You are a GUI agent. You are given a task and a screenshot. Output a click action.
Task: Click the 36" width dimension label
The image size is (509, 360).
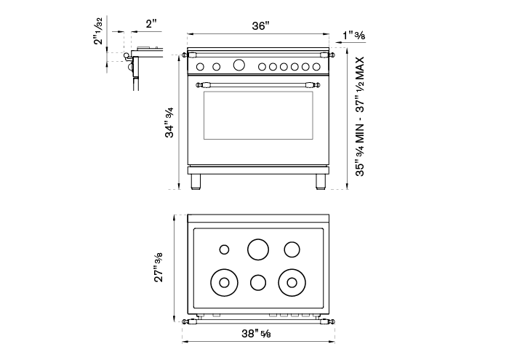[x=261, y=25]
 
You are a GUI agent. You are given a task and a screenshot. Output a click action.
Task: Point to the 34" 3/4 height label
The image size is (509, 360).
[x=169, y=122]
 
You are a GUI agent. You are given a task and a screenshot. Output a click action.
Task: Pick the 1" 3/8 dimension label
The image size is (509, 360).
[x=354, y=36]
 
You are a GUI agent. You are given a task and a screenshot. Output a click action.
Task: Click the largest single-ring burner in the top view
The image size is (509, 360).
[x=258, y=249]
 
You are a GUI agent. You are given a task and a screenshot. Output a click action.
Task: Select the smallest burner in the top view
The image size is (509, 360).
[x=224, y=250]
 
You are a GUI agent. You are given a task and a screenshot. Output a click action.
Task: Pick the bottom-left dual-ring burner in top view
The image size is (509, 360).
[x=223, y=281]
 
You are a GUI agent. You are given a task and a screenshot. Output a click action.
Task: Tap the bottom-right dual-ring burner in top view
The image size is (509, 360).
[x=293, y=281]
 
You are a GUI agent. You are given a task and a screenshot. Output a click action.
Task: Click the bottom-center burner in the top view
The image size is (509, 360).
[x=258, y=282]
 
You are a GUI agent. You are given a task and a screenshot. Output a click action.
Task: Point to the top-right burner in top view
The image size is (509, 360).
[x=292, y=249]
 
